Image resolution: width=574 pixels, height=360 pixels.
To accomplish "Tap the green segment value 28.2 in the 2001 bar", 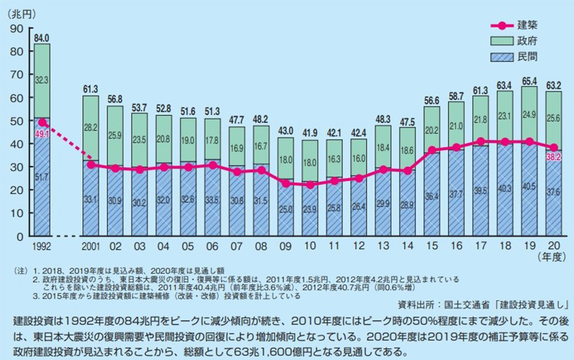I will click(x=91, y=127).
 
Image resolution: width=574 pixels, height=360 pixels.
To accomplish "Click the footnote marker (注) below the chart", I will click(x=20, y=271).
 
